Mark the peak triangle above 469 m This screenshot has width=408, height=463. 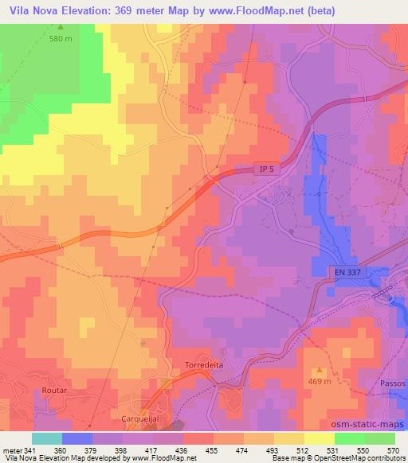click(320, 370)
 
